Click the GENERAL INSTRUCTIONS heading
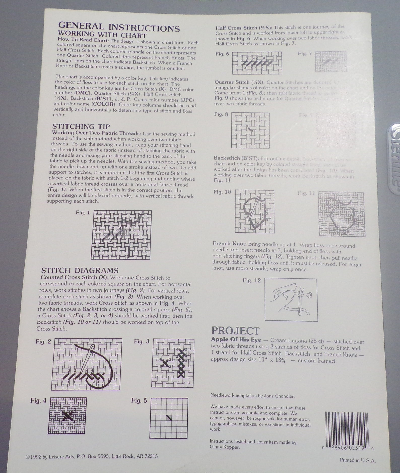[x=119, y=27]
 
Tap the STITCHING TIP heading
[x=81, y=126]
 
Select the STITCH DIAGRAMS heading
[x=80, y=270]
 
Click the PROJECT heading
[x=235, y=331]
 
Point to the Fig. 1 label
[x=83, y=213]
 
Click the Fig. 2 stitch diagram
[x=87, y=364]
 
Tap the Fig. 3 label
[x=142, y=342]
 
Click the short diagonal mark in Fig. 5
[x=169, y=418]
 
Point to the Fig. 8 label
[x=221, y=114]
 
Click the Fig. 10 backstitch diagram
[x=254, y=211]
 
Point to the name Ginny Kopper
[x=224, y=447]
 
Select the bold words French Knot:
[x=229, y=244]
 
